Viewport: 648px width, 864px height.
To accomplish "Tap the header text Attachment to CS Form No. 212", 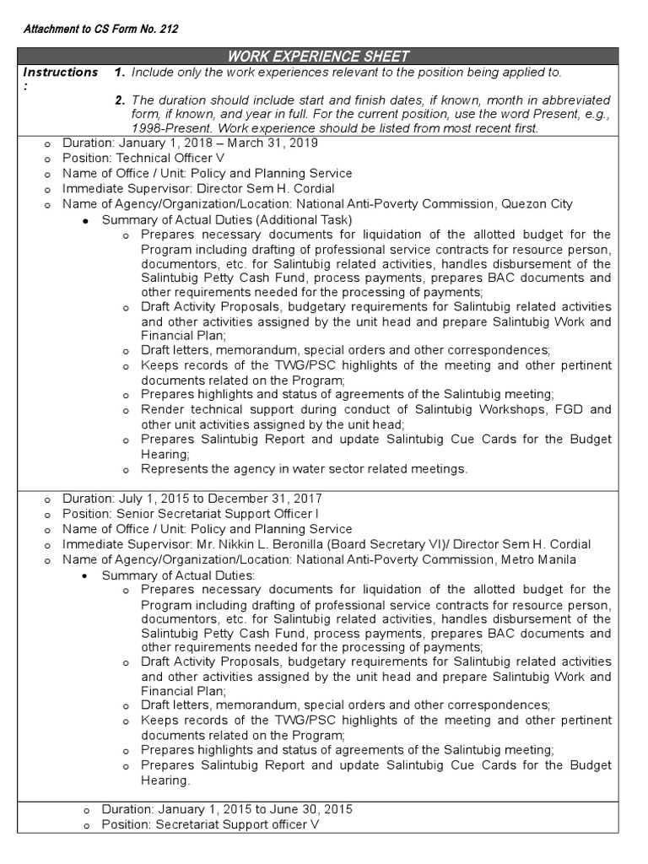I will tap(100, 29).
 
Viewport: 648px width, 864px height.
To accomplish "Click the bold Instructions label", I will tap(60, 73).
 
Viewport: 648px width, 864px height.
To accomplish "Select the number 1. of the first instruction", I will tap(121, 73).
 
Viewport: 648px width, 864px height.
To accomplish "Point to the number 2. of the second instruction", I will tap(121, 100).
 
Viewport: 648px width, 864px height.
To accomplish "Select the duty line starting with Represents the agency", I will tap(304, 468).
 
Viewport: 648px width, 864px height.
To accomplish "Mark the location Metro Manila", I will tap(537, 559).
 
